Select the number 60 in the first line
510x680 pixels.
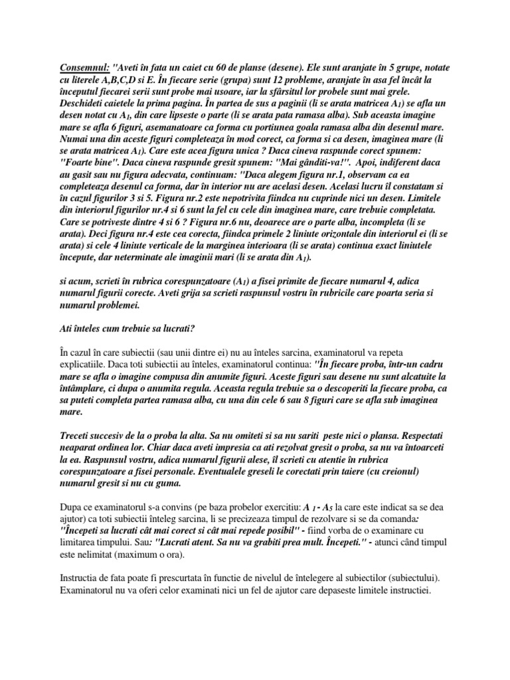pyautogui.click(x=226, y=68)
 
